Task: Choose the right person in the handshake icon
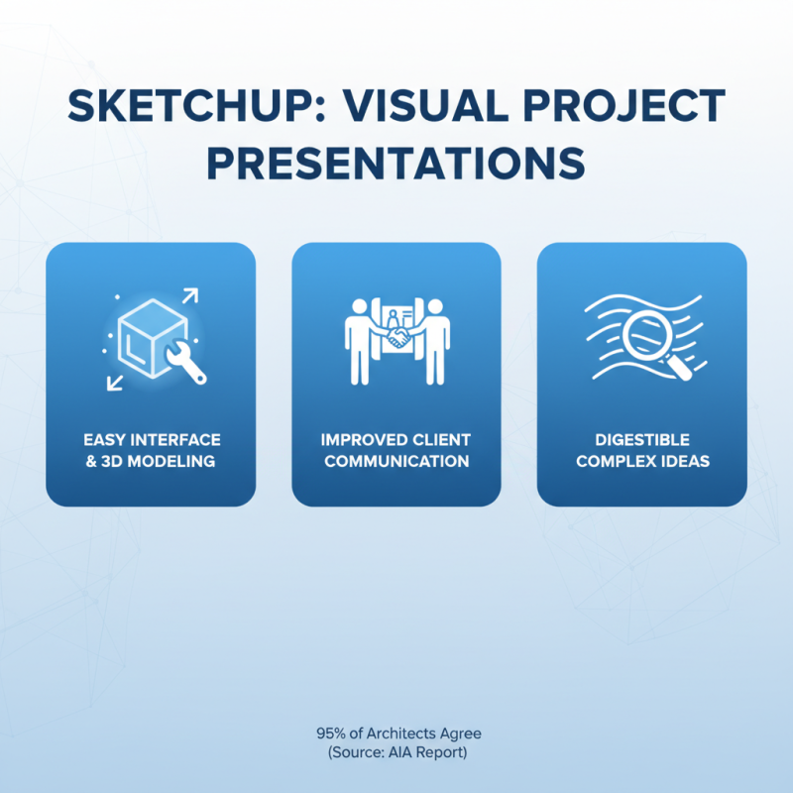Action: [437, 337]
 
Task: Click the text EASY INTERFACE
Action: [152, 439]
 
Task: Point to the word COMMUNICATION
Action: [396, 461]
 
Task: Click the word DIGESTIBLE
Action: [642, 439]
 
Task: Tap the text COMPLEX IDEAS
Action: [642, 461]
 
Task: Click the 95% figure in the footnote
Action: [331, 735]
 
